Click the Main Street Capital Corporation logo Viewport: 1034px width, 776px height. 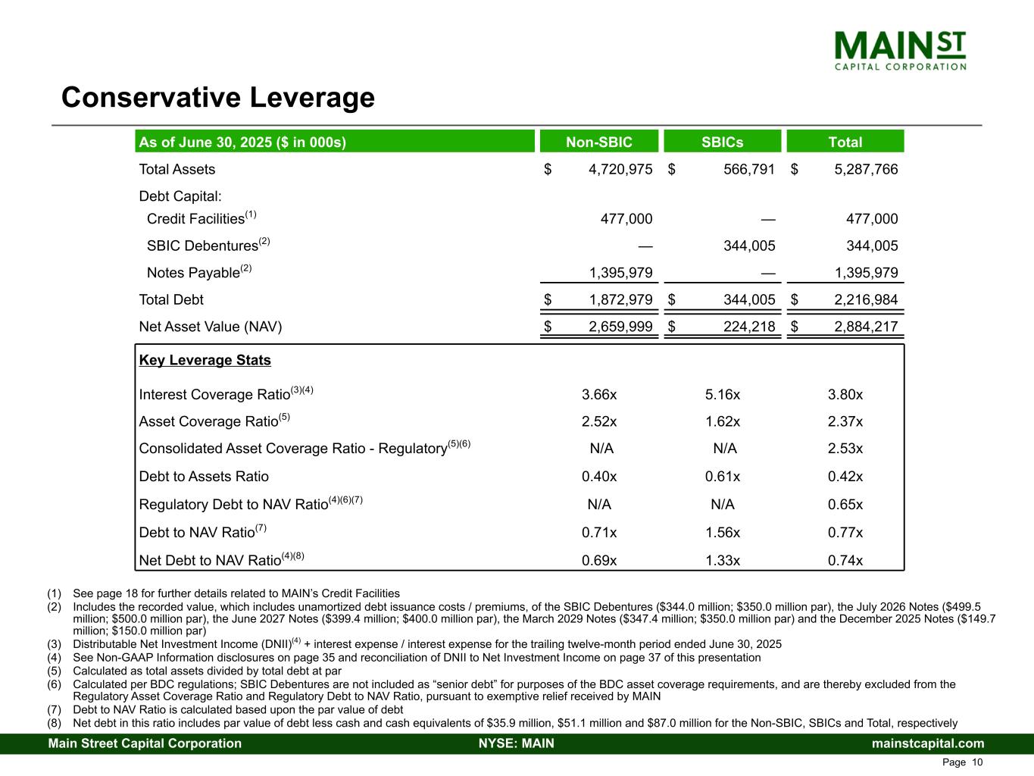900,50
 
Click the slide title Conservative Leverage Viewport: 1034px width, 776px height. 218,98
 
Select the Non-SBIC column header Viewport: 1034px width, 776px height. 599,142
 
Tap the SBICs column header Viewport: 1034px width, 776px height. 722,142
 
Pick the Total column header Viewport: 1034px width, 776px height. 845,142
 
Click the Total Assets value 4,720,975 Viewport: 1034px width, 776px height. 620,170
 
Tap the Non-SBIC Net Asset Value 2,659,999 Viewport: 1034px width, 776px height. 620,327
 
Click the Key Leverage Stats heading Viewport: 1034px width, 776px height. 205,360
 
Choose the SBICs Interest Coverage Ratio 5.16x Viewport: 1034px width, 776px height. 722,395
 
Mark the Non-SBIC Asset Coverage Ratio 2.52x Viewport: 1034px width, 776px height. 599,422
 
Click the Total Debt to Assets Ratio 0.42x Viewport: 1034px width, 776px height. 845,477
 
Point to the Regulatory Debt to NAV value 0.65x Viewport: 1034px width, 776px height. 845,505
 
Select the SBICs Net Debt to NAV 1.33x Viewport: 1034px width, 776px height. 722,561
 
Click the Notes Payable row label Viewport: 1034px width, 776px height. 194,273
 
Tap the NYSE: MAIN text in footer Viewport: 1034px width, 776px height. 517,743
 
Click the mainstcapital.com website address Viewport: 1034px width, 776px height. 928,743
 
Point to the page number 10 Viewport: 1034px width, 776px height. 977,762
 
